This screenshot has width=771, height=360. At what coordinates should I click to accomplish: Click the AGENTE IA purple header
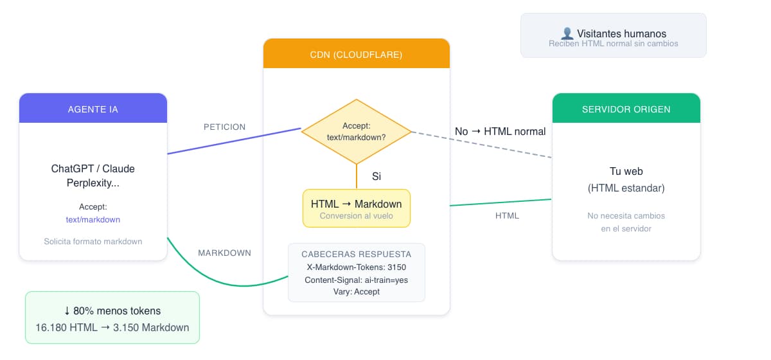click(x=93, y=109)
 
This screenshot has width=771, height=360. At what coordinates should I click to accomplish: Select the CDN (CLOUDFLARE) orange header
click(x=356, y=54)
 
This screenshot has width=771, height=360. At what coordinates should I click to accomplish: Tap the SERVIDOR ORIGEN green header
click(x=626, y=109)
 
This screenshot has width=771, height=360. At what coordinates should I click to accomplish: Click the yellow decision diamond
click(x=356, y=132)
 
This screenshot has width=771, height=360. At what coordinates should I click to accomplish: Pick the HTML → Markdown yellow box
click(x=356, y=208)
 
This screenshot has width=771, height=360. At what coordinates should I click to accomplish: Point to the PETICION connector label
click(x=224, y=127)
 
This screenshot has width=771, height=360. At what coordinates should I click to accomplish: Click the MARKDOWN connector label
click(x=224, y=253)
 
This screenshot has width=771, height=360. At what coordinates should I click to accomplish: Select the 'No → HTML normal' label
click(x=500, y=131)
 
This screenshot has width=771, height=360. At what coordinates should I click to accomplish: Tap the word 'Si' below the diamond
click(x=377, y=176)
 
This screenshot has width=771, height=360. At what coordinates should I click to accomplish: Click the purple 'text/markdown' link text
click(x=93, y=219)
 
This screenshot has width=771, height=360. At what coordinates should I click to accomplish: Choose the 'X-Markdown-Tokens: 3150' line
click(x=356, y=267)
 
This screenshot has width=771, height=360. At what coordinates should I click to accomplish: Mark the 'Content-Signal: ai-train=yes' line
click(x=356, y=280)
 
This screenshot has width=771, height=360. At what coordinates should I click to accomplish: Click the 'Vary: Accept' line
click(x=356, y=291)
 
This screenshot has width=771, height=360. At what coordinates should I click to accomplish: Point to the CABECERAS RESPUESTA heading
click(x=356, y=254)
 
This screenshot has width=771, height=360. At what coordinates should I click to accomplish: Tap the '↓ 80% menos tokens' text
click(x=112, y=310)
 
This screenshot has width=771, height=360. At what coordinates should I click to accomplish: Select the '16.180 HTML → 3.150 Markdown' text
click(x=112, y=327)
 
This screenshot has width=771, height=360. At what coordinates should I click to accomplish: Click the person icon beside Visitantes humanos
click(x=567, y=33)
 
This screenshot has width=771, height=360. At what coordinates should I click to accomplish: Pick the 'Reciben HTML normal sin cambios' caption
click(x=613, y=44)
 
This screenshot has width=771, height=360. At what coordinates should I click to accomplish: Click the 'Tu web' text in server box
click(x=626, y=172)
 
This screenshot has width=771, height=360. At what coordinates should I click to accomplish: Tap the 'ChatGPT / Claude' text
click(x=93, y=168)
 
